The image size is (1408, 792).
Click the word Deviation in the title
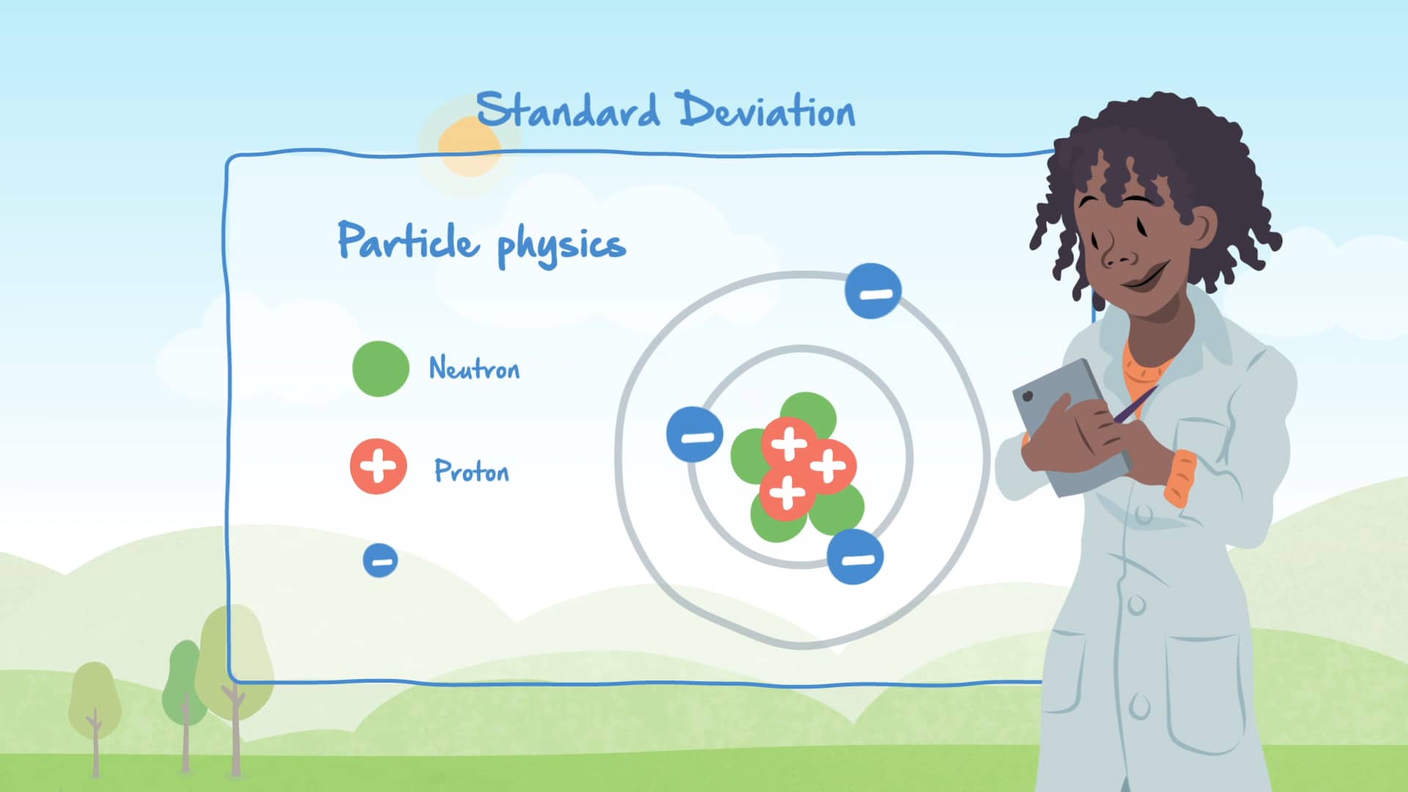(x=766, y=111)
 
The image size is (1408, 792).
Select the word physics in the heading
(x=561, y=246)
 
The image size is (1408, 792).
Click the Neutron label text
(x=474, y=368)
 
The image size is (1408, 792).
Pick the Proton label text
(x=472, y=471)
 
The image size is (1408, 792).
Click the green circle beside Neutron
(x=381, y=369)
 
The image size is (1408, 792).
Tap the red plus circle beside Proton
(x=378, y=466)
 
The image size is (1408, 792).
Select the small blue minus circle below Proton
(x=381, y=561)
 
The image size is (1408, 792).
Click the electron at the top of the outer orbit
(x=873, y=291)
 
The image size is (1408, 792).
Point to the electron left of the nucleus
(x=694, y=434)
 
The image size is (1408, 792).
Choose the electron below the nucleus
(x=855, y=557)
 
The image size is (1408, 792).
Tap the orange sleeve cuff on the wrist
(x=1180, y=478)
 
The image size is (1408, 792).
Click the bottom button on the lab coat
(x=1140, y=707)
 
